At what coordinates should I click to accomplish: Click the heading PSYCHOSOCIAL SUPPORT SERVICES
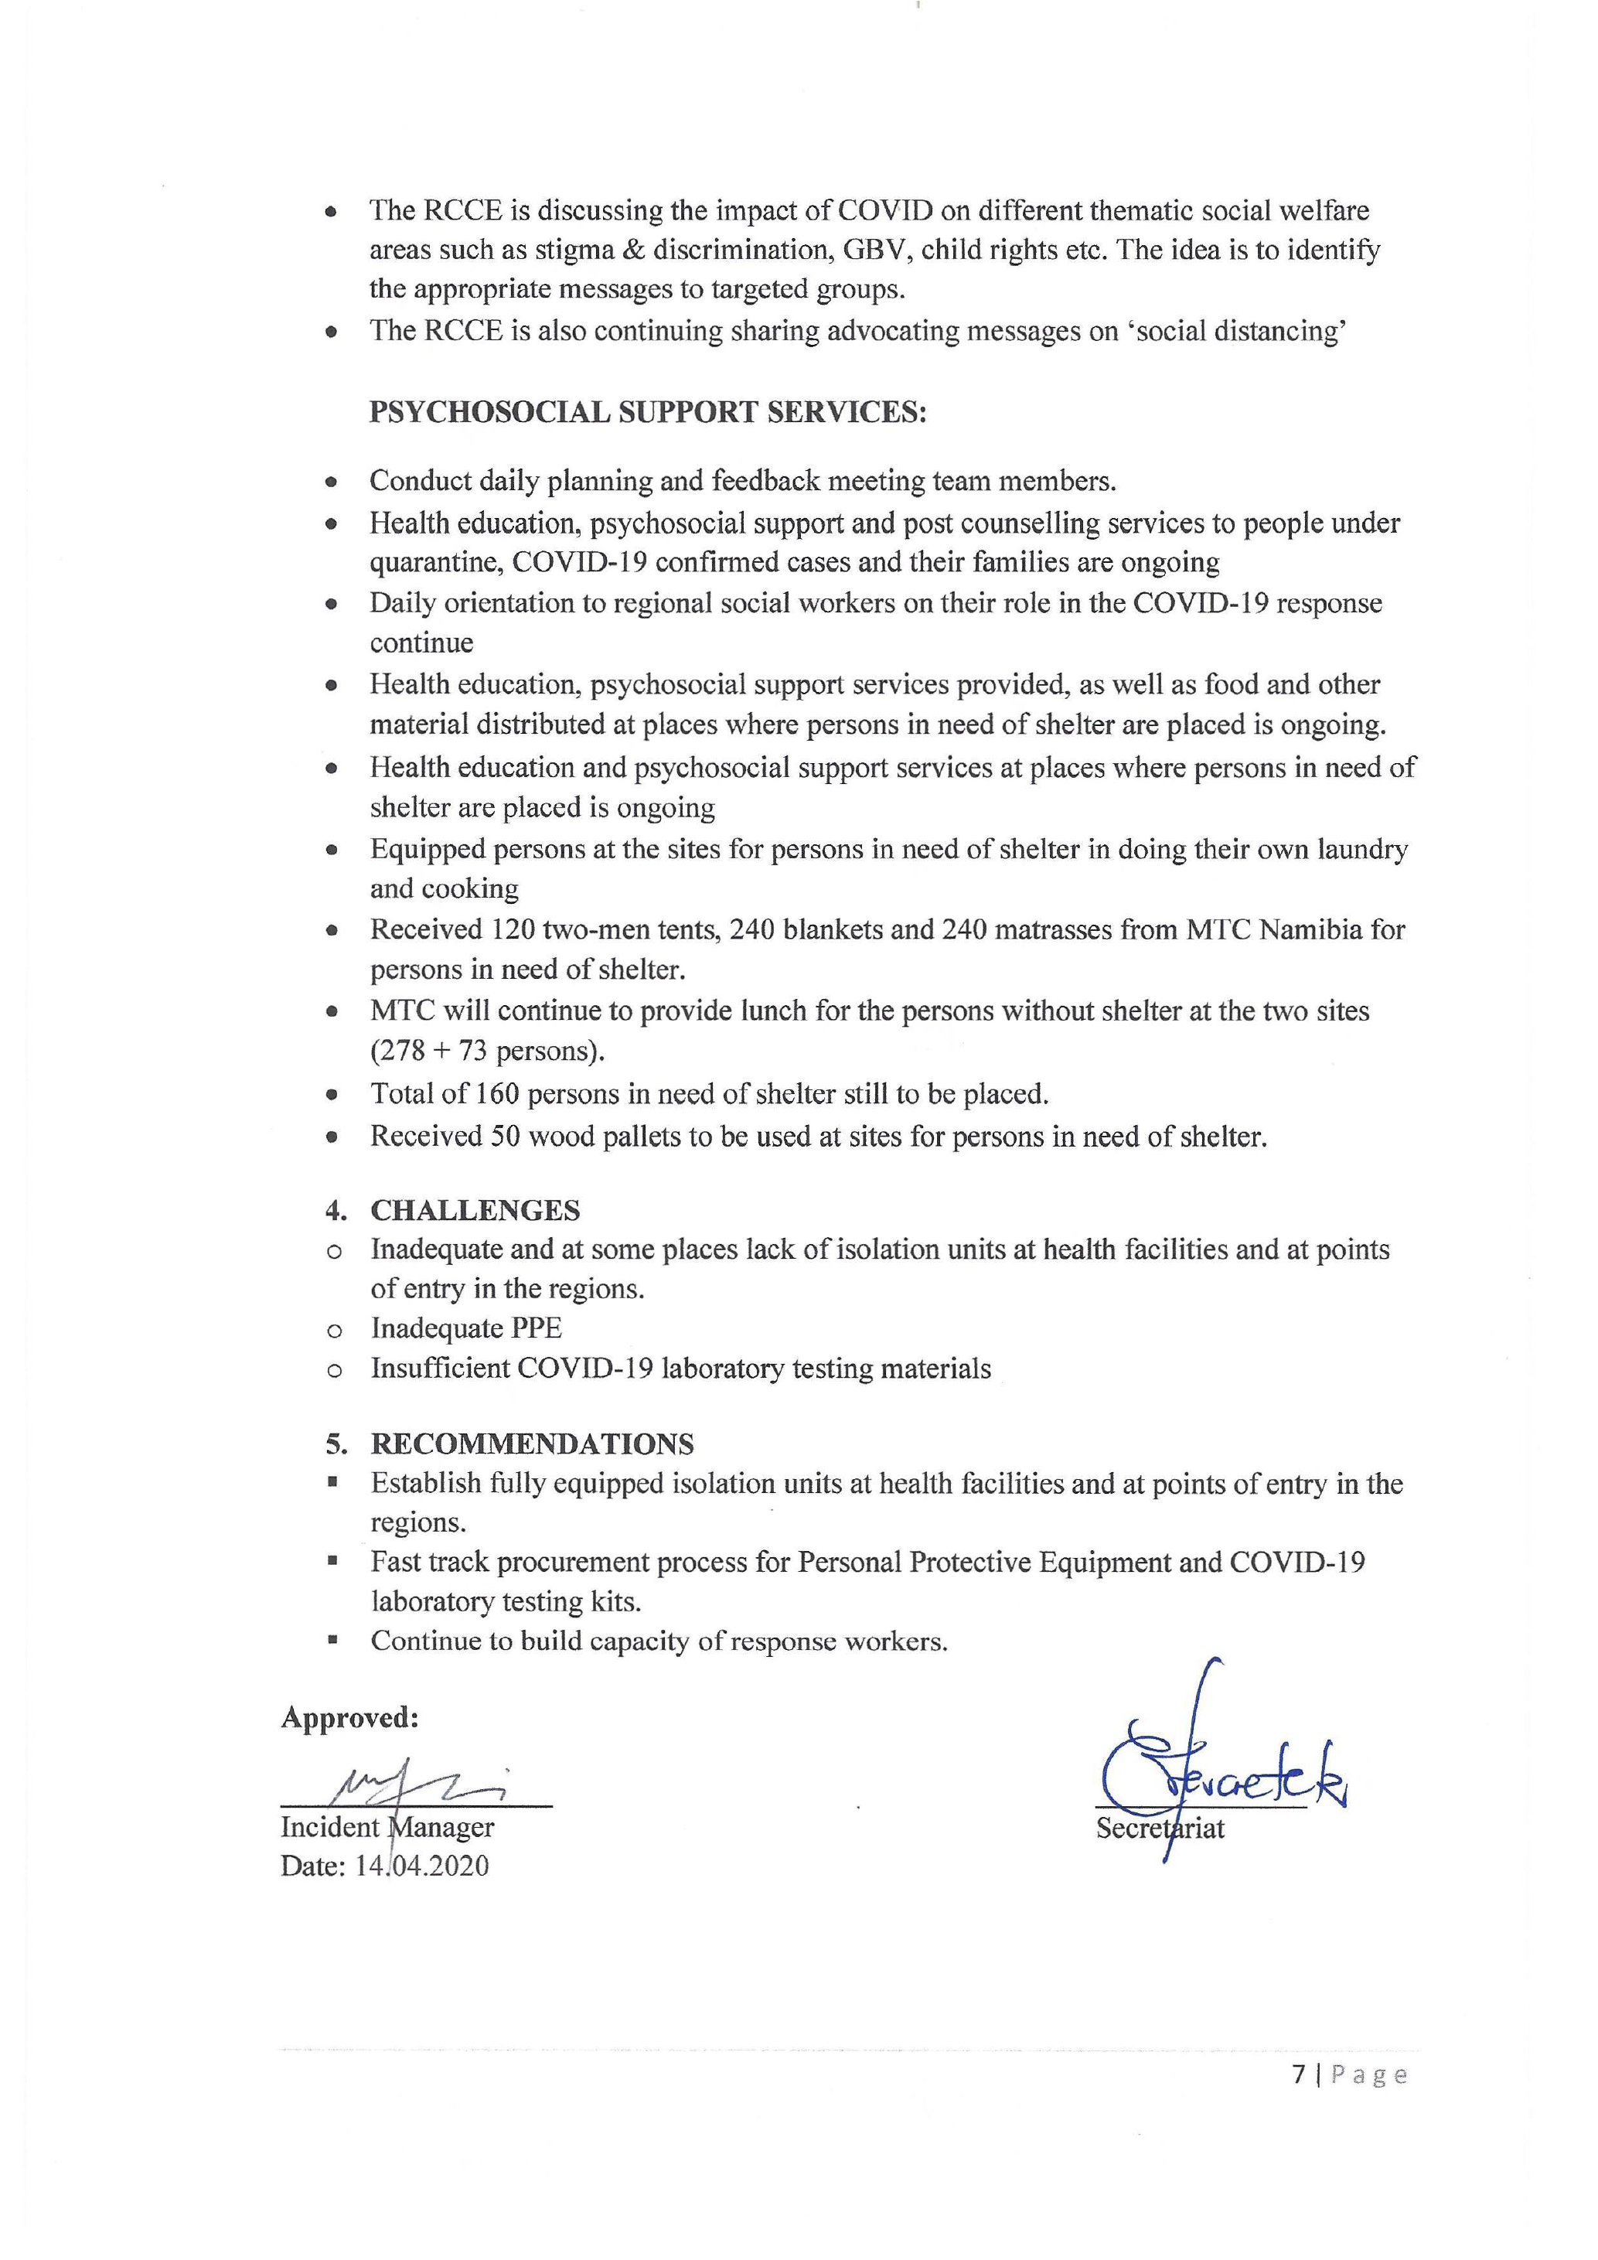coord(647,411)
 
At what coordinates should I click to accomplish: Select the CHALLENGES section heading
coord(475,1210)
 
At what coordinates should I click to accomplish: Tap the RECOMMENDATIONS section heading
coord(533,1444)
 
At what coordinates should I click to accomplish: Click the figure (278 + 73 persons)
coord(487,1052)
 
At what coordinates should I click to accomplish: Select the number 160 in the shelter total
coord(498,1093)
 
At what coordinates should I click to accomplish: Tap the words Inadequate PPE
coord(466,1328)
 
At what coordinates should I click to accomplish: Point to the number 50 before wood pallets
coord(504,1136)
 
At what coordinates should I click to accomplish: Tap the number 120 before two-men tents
coord(513,929)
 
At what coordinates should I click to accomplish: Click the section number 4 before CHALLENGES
coord(335,1210)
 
